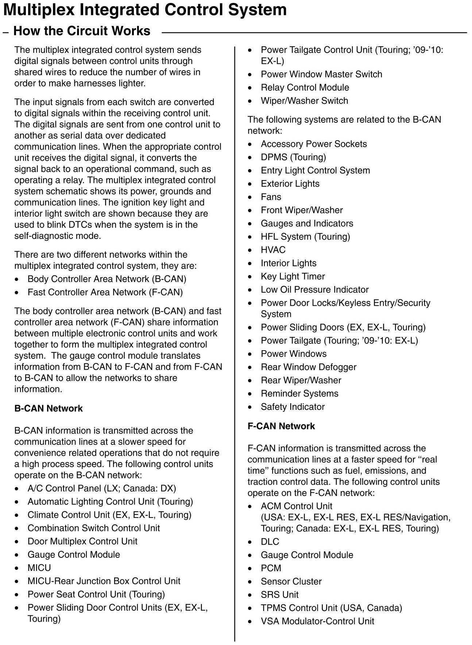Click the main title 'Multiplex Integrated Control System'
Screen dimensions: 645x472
pyautogui.click(x=145, y=10)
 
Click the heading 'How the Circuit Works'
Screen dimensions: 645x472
pyautogui.click(x=82, y=31)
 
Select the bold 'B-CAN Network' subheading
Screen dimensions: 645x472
pyautogui.click(x=49, y=408)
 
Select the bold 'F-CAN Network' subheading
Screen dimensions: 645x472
pyautogui.click(x=281, y=426)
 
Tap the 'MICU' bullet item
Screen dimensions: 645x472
pyautogui.click(x=39, y=568)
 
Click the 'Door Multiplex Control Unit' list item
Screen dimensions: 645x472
pyautogui.click(x=82, y=541)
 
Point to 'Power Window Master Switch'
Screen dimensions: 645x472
pyautogui.click(x=321, y=74)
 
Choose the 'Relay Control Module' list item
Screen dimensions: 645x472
pyautogui.click(x=305, y=88)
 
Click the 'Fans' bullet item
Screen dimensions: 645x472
pyautogui.click(x=271, y=197)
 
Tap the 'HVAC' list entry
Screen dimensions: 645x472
pyautogui.click(x=273, y=250)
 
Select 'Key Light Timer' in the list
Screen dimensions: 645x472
pyautogui.click(x=293, y=276)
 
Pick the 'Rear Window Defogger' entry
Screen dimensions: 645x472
pyautogui.click(x=309, y=367)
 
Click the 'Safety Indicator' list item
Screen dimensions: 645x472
pyautogui.click(x=293, y=407)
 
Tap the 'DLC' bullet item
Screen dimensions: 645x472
pyautogui.click(x=270, y=542)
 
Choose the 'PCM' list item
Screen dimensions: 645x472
pyautogui.click(x=271, y=568)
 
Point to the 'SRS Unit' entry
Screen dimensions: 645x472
pyautogui.click(x=279, y=595)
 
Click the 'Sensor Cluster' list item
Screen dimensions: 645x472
pyautogui.click(x=291, y=581)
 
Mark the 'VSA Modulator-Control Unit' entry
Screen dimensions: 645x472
pyautogui.click(x=317, y=621)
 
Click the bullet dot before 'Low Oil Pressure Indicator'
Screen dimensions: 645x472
pyautogui.click(x=250, y=290)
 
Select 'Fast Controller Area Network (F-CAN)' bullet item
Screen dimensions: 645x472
pyautogui.click(x=105, y=292)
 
